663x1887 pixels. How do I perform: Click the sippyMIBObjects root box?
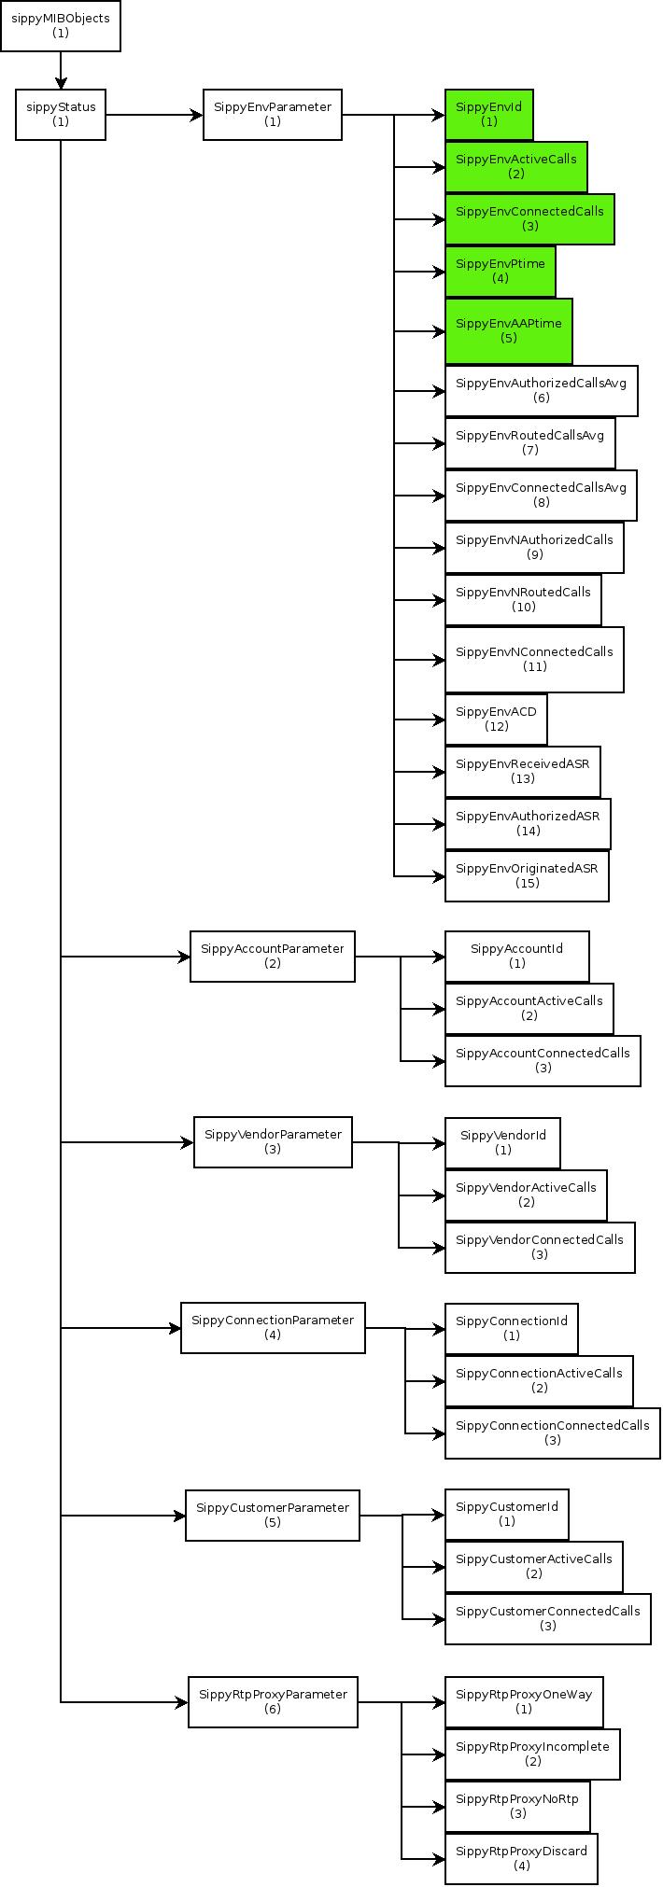tap(61, 25)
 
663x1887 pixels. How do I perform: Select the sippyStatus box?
tap(61, 115)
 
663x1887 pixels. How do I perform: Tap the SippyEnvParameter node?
tap(273, 115)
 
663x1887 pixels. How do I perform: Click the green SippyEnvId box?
tap(489, 115)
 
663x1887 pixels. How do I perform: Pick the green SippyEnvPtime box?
tap(501, 272)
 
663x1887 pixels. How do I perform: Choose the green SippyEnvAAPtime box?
tap(509, 331)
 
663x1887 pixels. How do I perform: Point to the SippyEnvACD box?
tap(497, 720)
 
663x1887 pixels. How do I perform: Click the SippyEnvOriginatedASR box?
tap(528, 876)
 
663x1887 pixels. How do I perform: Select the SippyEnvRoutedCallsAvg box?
tap(530, 443)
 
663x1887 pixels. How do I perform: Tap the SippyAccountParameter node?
tap(273, 957)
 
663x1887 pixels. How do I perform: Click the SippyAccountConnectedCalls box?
tap(543, 1061)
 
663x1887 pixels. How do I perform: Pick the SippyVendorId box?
tap(503, 1143)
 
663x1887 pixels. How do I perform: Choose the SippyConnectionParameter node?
tap(273, 1328)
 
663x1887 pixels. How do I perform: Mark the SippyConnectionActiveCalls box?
tap(540, 1381)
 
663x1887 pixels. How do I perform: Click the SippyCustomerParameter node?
tap(273, 1516)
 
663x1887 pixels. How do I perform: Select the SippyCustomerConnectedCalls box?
tap(548, 1619)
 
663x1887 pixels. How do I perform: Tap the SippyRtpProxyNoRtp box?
tap(518, 1807)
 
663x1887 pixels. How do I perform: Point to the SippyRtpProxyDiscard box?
tap(522, 1859)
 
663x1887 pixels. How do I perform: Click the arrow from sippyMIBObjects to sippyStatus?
tap(61, 71)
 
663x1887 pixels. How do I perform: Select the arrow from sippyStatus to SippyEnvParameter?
tap(155, 116)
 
